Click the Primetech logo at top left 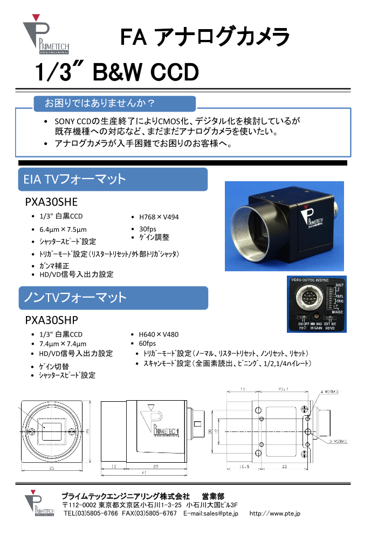pos(45,36)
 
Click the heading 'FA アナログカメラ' pos(204,37)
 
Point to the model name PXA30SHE pos(52,202)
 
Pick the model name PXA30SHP pos(52,319)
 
